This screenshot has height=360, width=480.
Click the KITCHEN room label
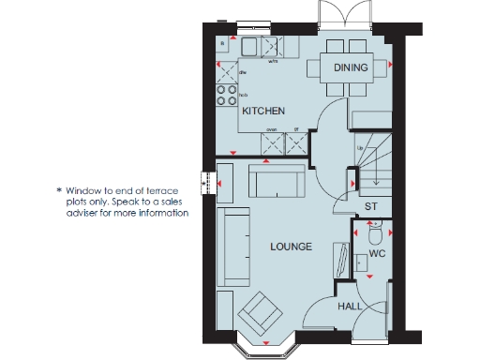click(x=263, y=111)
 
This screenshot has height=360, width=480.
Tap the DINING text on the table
click(x=350, y=67)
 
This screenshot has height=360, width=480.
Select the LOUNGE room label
click(x=291, y=247)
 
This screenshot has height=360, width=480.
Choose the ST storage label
click(x=370, y=205)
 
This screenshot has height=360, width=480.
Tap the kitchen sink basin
click(x=251, y=47)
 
